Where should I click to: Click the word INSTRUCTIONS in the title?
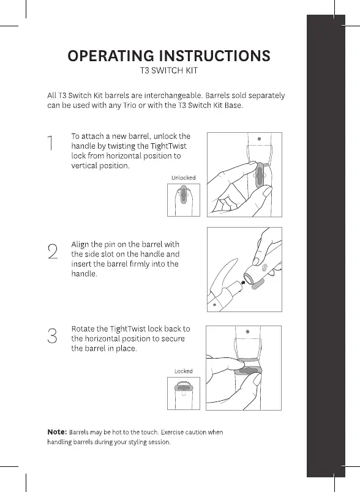[x=215, y=56]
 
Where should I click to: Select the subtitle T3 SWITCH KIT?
[x=169, y=70]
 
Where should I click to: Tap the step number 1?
[x=50, y=143]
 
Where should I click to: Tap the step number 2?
[x=53, y=252]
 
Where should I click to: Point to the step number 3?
[x=53, y=336]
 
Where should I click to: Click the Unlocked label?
[x=183, y=177]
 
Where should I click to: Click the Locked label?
[x=183, y=371]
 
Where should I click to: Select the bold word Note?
[x=57, y=432]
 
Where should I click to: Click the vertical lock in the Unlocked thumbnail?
[x=184, y=195]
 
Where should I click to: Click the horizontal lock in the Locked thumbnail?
[x=184, y=388]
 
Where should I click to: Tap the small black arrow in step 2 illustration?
[x=243, y=282]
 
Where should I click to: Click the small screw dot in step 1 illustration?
[x=259, y=139]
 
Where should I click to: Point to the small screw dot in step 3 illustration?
[x=247, y=332]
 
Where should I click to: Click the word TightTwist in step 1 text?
[x=168, y=146]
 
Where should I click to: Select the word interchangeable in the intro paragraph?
[x=173, y=95]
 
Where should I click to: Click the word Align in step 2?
[x=80, y=245]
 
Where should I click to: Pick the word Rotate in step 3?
[x=83, y=329]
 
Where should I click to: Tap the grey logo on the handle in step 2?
[x=264, y=267]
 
